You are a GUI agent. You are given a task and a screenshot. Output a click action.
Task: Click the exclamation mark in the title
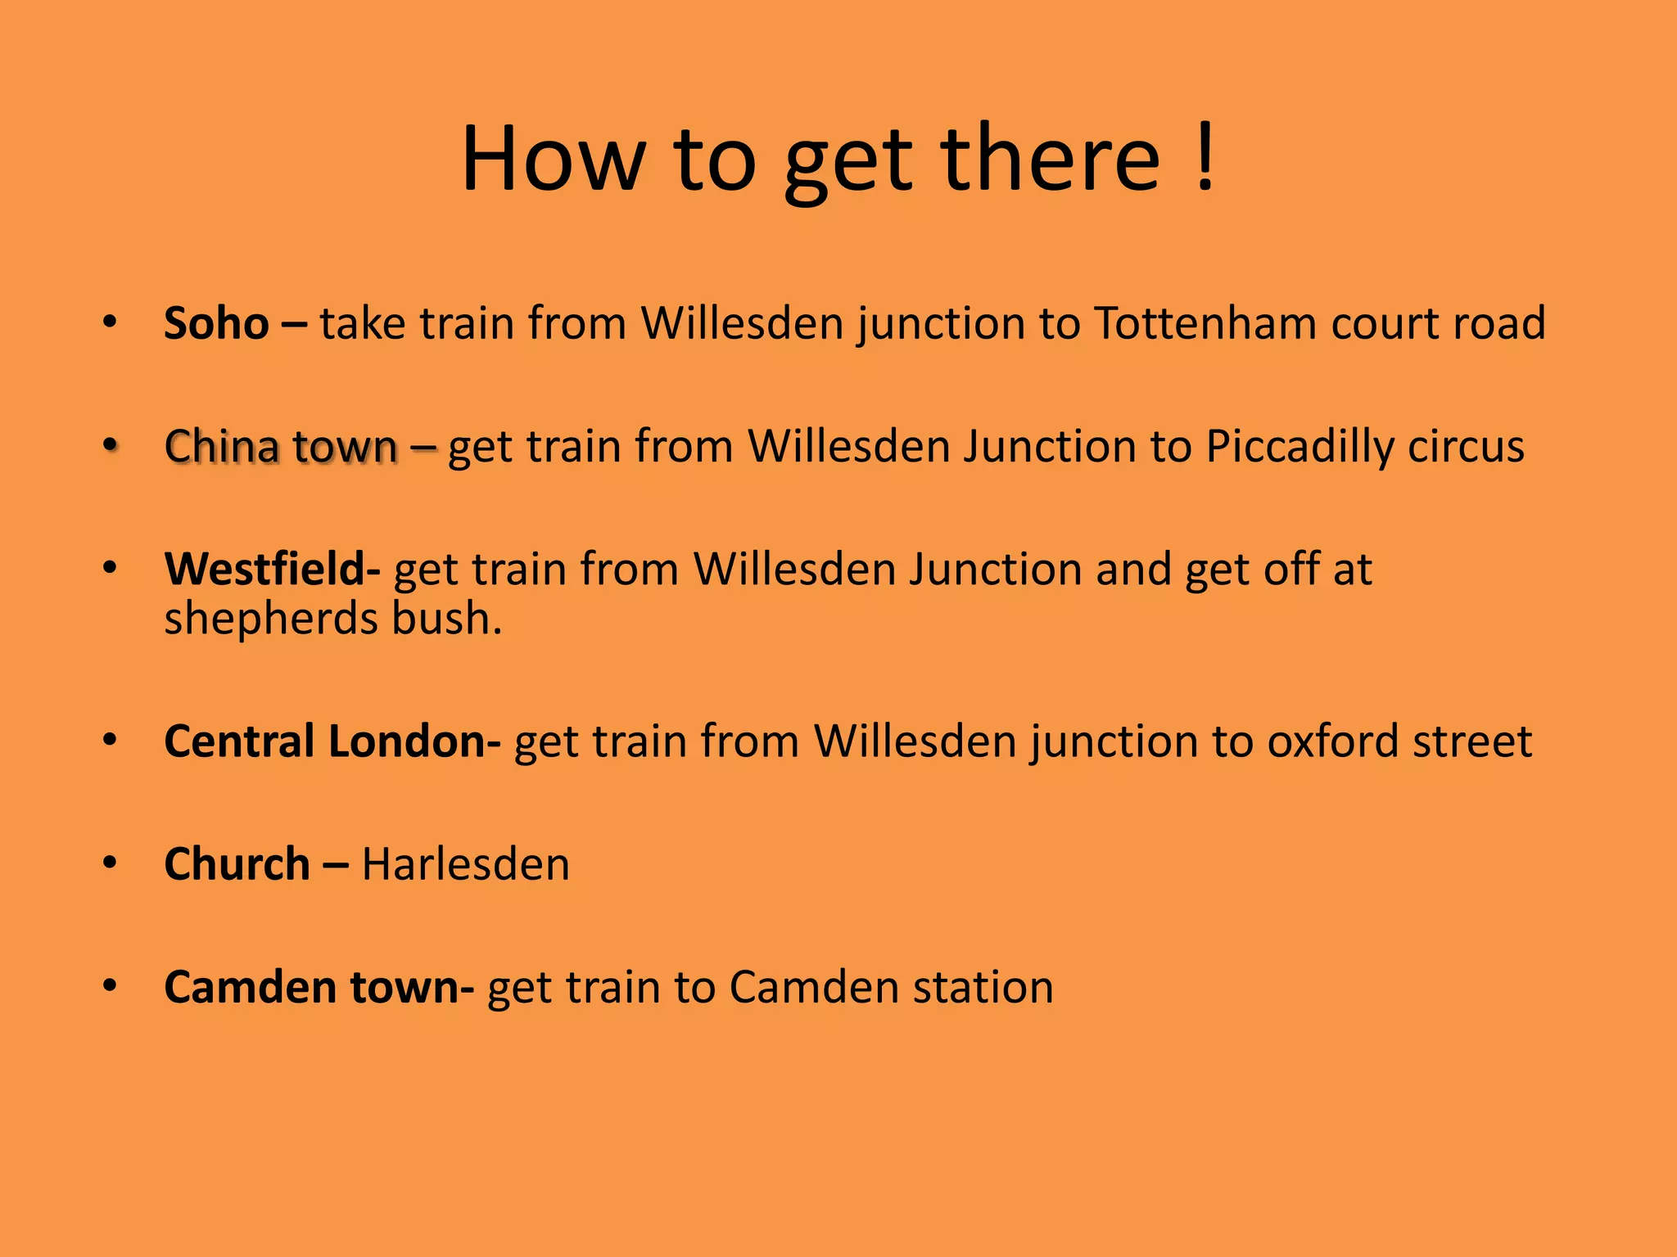(1204, 158)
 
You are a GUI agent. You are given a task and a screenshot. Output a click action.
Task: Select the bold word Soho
(216, 323)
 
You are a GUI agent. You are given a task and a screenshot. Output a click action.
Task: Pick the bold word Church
(237, 864)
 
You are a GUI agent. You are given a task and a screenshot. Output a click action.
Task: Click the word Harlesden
(465, 864)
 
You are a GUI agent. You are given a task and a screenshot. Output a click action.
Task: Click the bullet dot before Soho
(110, 322)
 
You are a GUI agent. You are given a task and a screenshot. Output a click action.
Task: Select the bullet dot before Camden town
(110, 985)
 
